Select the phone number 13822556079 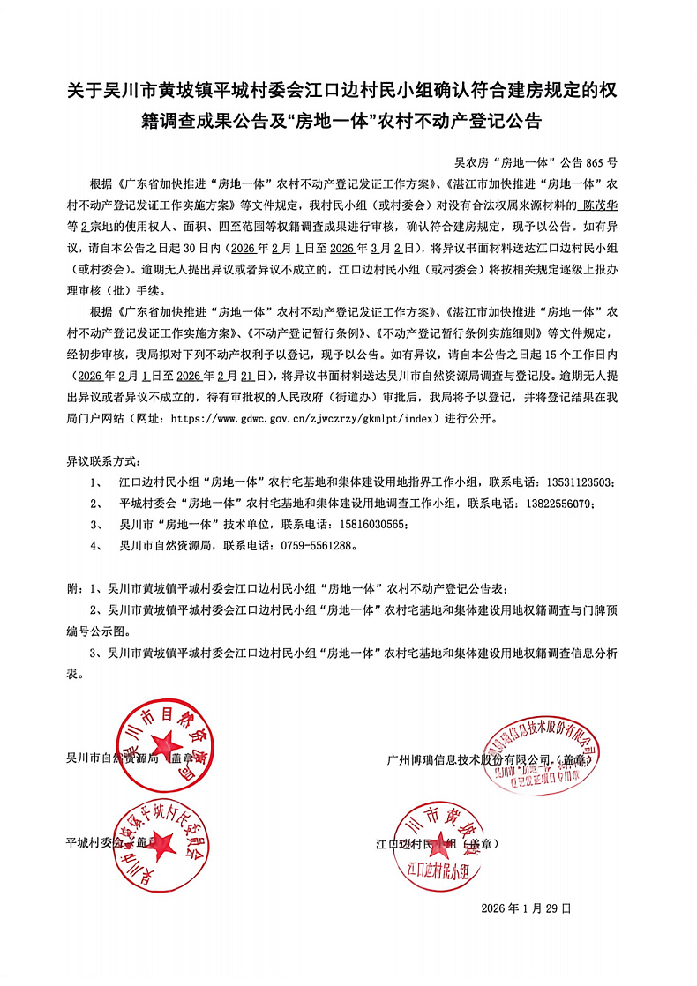click(x=558, y=503)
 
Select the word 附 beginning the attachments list click(x=71, y=587)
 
